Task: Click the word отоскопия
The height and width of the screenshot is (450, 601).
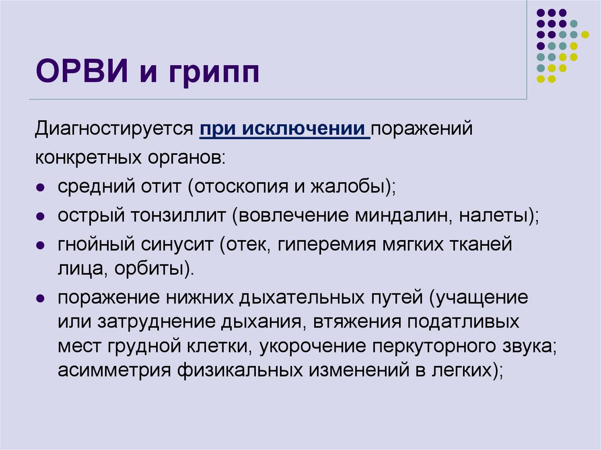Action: point(241,188)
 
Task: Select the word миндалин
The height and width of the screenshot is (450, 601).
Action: point(401,215)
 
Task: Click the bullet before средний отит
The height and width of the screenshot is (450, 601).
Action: point(40,188)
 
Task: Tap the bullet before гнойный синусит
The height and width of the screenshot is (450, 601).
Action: point(40,245)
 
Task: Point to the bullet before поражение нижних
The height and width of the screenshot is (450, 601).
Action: point(40,297)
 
